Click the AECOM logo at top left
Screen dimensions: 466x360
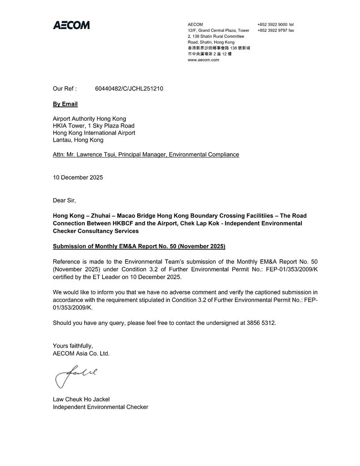(71, 25)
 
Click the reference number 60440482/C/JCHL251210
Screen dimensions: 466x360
(129, 89)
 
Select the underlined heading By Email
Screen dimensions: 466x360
(65, 104)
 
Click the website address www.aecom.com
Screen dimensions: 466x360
(203, 60)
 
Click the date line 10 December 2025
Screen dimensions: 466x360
(78, 177)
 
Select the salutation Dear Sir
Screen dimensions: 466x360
(64, 200)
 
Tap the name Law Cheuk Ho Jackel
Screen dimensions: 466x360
(81, 399)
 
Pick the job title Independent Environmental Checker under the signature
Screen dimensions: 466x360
(101, 407)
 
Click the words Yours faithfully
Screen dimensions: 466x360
(73, 346)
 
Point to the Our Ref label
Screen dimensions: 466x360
(65, 89)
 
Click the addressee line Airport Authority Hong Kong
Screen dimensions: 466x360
(89, 119)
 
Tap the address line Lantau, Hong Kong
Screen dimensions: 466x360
(78, 140)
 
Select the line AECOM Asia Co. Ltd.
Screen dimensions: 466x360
(81, 353)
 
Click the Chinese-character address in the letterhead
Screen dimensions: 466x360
(219, 51)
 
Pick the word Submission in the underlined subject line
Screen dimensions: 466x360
(71, 246)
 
